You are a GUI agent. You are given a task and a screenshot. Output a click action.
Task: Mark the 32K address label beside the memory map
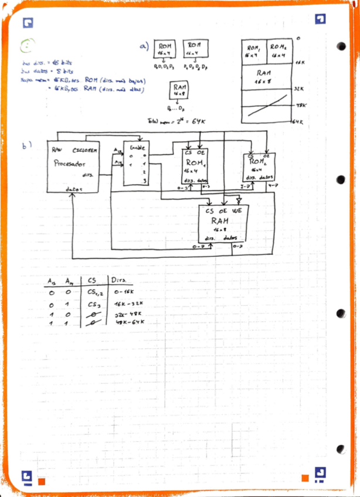298,88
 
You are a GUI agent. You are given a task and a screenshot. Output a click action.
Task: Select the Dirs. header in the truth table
119,280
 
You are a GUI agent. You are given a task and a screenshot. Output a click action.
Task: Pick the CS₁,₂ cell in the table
94,291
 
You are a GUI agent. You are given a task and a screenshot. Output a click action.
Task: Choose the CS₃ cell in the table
94,305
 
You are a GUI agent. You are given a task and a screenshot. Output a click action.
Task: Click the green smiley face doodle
29,46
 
